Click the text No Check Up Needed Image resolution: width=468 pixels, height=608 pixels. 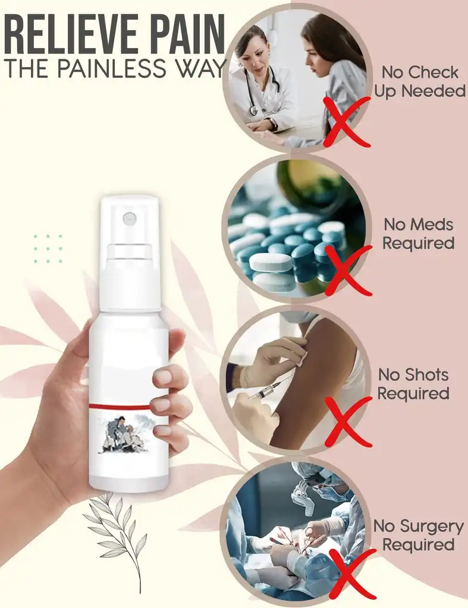pos(419,81)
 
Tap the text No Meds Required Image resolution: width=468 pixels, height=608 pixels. pos(418,234)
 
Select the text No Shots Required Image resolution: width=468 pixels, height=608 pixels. pos(413,384)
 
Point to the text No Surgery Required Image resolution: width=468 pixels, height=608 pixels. pos(418,535)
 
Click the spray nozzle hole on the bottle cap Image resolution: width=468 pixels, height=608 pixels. pos(128,219)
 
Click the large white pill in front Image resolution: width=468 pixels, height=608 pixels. pos(271,263)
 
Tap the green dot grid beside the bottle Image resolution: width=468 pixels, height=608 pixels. pos(48,248)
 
